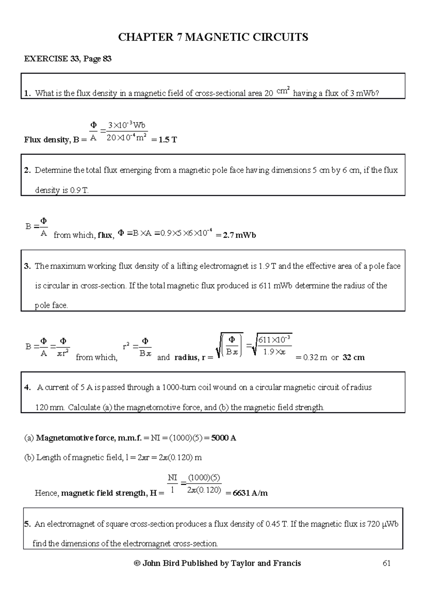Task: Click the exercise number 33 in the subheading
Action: pos(75,59)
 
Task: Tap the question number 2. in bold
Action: pos(28,170)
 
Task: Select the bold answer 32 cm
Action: pos(354,357)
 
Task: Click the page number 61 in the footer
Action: pos(387,563)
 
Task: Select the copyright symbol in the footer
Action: pos(136,563)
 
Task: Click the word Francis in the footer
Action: pos(287,563)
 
